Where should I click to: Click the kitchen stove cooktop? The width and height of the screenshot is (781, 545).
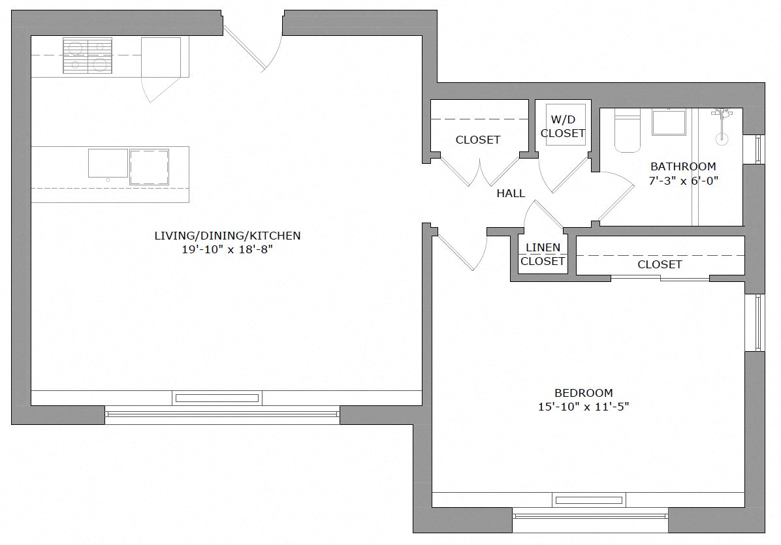pos(87,55)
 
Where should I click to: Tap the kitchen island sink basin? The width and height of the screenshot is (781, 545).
pos(108,163)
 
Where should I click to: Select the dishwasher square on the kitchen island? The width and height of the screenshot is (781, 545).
pos(149,167)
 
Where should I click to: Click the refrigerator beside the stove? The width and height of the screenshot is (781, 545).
pos(161,57)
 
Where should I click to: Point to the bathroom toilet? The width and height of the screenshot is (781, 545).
pos(628,133)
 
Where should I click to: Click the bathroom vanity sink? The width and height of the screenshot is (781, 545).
pos(669,123)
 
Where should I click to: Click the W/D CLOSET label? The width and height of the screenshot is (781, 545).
pos(563,127)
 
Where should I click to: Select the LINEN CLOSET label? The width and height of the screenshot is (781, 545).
pos(543,255)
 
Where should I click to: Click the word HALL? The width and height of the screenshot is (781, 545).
pos(511,193)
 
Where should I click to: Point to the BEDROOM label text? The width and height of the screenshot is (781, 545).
pos(583,393)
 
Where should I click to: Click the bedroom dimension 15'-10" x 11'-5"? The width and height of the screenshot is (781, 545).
pos(583,407)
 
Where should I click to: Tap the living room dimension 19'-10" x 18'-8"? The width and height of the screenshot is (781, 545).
pos(227,249)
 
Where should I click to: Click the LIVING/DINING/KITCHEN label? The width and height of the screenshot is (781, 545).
pos(227,236)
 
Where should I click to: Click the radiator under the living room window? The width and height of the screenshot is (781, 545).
pos(217,397)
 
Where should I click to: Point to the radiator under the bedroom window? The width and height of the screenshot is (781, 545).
pos(588,501)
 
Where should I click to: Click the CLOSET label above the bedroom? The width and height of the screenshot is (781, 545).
pos(660,264)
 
